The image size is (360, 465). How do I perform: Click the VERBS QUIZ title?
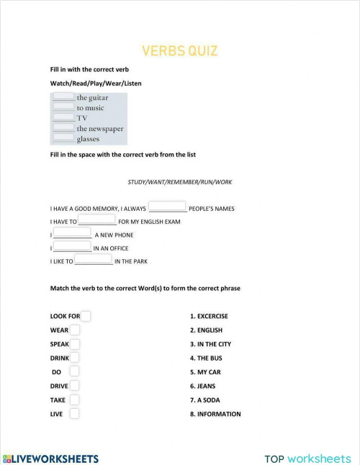(x=179, y=51)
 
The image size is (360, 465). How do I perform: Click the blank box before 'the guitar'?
(x=63, y=96)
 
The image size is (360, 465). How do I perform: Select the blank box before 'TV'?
(x=63, y=117)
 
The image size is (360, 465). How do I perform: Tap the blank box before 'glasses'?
(x=63, y=137)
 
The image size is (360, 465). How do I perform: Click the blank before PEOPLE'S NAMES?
(x=167, y=207)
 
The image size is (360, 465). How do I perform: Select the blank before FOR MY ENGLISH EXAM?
(x=96, y=220)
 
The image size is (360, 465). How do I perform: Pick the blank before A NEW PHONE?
(x=72, y=233)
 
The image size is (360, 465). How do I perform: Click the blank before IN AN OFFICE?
(x=72, y=246)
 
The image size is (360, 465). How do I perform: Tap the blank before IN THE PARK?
(x=93, y=260)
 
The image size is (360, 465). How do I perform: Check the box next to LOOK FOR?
(x=86, y=315)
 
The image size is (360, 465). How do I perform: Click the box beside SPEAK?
(x=75, y=343)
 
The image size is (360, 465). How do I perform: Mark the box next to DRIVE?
(x=75, y=385)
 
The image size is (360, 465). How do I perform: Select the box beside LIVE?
(x=75, y=413)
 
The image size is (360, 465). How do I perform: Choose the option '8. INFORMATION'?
(x=215, y=414)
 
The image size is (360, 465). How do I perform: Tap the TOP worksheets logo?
(x=307, y=459)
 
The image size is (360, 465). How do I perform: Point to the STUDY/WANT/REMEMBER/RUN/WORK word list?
(x=179, y=182)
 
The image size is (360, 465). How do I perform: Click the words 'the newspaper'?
(x=100, y=129)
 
